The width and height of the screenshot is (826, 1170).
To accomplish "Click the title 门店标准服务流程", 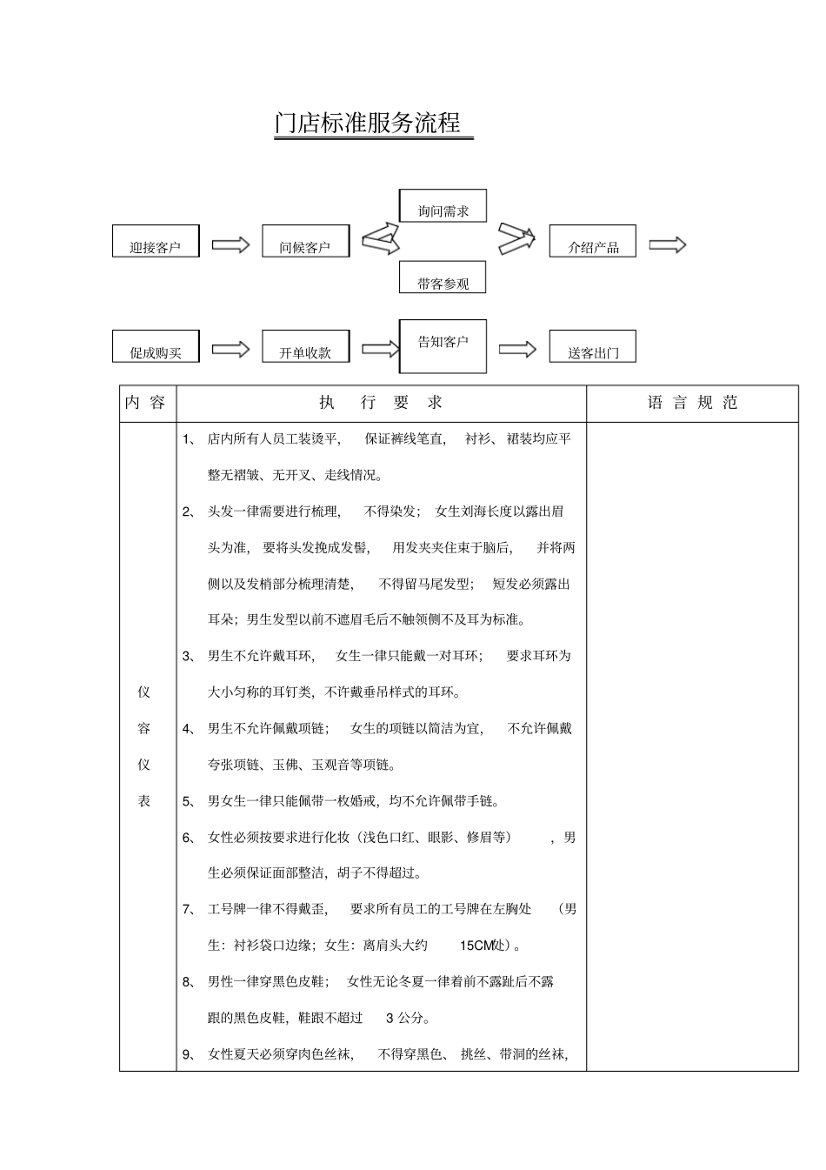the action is click(367, 123).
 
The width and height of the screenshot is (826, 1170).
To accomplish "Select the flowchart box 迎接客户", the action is click(156, 242).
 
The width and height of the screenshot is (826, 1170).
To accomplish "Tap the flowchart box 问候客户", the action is click(305, 242).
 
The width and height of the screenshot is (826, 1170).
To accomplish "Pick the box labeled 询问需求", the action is click(443, 206).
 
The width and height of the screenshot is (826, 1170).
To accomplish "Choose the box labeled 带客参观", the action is click(443, 277).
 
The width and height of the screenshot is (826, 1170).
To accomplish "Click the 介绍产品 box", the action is click(593, 242).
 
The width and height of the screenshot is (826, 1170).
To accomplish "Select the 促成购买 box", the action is click(156, 346).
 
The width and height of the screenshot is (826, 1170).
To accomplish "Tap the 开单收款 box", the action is click(305, 346).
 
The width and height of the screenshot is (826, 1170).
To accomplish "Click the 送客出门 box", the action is click(593, 346).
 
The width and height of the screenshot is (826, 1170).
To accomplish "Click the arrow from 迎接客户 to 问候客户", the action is click(230, 244).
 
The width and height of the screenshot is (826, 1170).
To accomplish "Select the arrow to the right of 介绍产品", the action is click(668, 244).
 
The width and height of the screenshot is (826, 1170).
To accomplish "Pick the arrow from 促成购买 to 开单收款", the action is click(230, 349).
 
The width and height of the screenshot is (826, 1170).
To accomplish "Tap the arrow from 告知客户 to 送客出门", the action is click(517, 349).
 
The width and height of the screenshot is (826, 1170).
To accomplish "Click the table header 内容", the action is click(145, 403).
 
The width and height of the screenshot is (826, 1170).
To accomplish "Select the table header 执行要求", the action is click(381, 403).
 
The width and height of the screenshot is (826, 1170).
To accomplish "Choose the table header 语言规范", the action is click(692, 403).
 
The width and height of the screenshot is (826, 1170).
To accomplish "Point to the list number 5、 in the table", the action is click(189, 801).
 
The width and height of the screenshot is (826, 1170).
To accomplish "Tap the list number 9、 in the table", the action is click(189, 1055).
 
